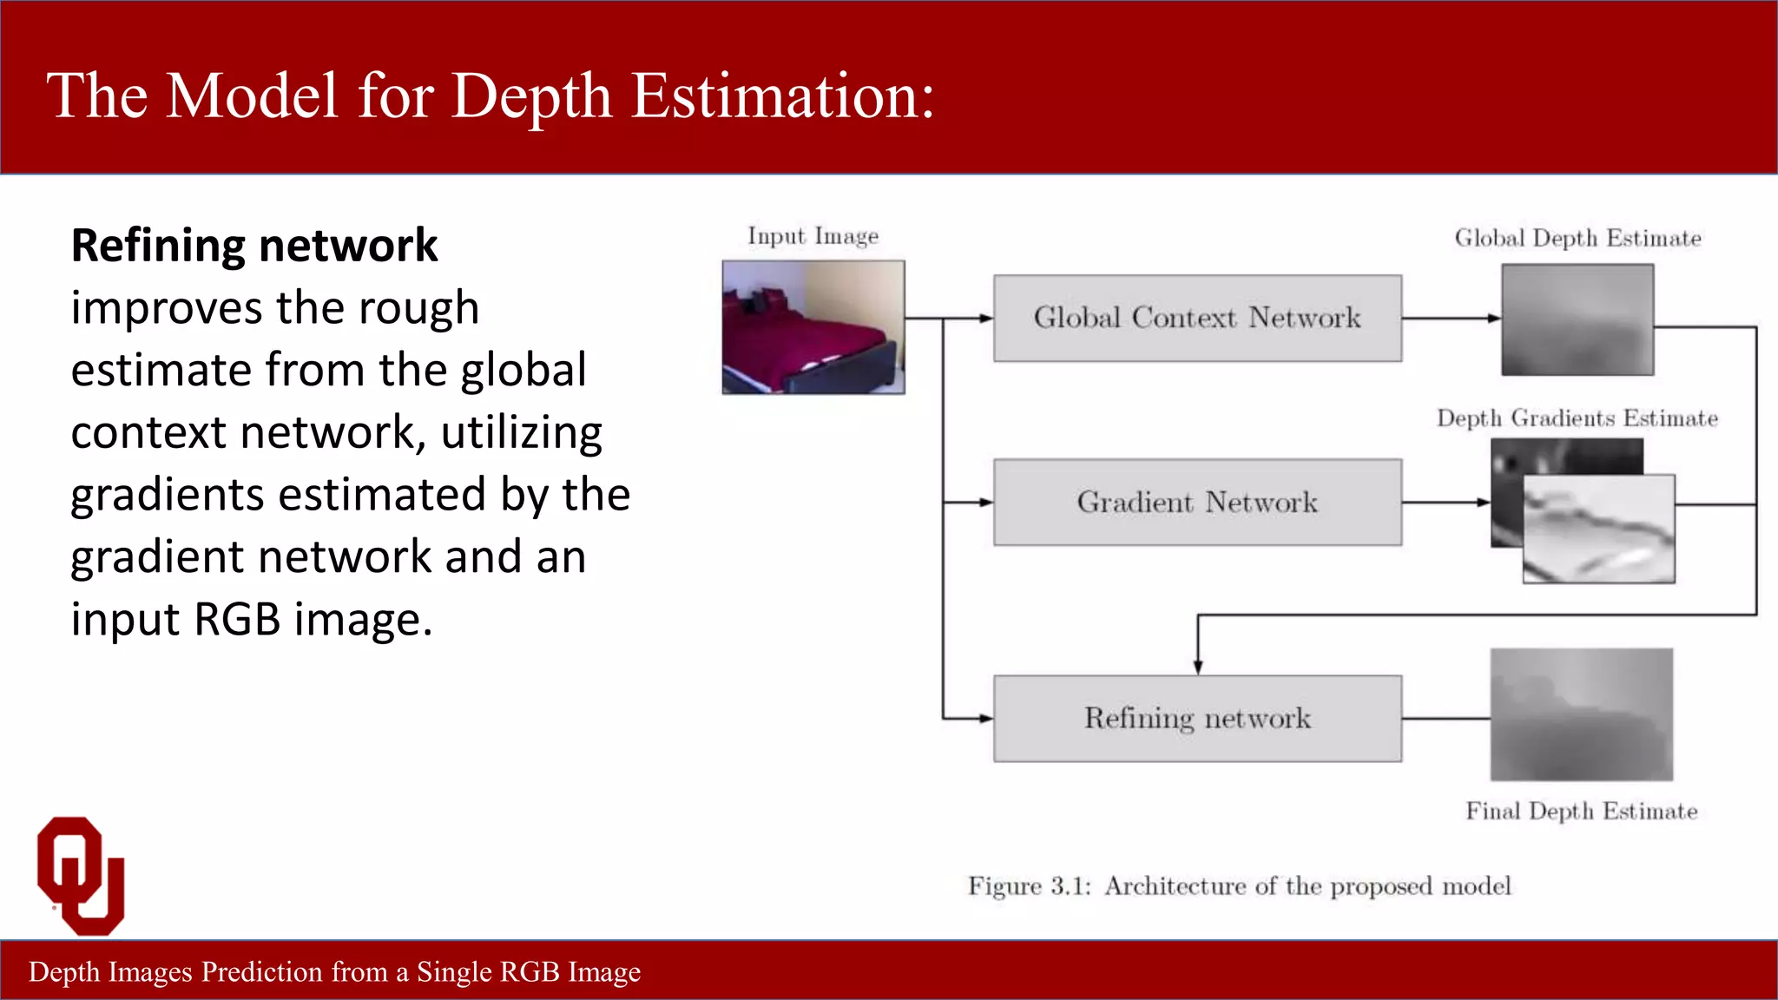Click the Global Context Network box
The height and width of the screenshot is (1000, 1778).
pos(1196,318)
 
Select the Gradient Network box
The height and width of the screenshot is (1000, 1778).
pos(1196,502)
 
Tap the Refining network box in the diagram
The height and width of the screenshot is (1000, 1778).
pos(1196,718)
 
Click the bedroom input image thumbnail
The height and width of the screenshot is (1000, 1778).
pos(813,327)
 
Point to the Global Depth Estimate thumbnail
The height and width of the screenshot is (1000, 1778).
pos(1577,319)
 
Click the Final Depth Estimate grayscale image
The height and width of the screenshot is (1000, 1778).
pos(1581,714)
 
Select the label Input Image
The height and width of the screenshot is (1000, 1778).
pos(813,236)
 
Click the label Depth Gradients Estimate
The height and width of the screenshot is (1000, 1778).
pos(1577,418)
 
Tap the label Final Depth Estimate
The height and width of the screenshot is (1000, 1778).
pos(1581,811)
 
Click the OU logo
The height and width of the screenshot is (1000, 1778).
pos(81,875)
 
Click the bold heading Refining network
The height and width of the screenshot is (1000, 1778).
pos(254,246)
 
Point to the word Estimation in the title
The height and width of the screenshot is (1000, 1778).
pos(781,95)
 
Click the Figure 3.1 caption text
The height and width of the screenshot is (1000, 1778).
pos(1239,886)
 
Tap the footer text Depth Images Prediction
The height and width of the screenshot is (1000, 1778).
pos(334,971)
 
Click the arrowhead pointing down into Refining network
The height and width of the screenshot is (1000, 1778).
pos(1197,667)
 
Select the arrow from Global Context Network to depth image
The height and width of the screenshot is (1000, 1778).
pos(1450,319)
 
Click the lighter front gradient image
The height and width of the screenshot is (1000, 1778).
pos(1598,530)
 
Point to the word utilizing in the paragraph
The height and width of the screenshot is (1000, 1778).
pos(521,433)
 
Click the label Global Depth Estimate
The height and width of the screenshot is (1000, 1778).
pos(1577,238)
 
